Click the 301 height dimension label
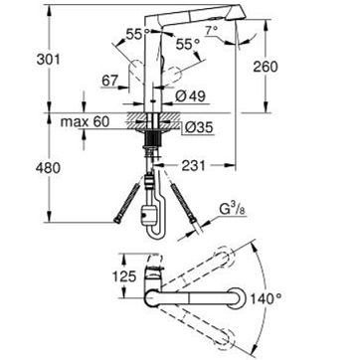[48, 60]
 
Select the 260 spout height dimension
[266, 67]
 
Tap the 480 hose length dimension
[48, 168]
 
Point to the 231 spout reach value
[193, 165]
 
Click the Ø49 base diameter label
[190, 96]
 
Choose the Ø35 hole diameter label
[199, 128]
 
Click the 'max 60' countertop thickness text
[85, 122]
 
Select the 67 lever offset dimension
[110, 82]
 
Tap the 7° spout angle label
[211, 31]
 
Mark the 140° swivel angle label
[266, 299]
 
